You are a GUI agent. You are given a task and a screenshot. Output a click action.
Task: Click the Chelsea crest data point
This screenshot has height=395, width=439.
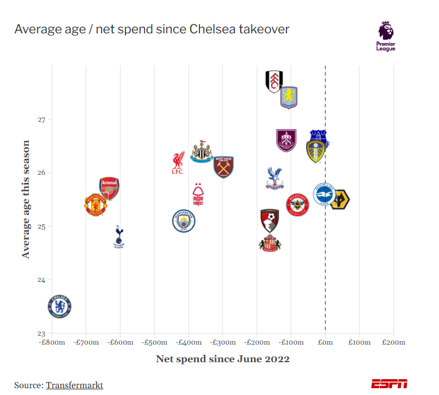(60, 306)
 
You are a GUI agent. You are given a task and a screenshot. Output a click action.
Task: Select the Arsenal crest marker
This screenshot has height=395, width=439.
(109, 189)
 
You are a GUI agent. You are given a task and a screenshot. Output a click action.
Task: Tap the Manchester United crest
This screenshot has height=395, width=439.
(95, 205)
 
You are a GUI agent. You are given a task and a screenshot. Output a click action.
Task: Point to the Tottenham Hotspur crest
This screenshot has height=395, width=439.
(119, 237)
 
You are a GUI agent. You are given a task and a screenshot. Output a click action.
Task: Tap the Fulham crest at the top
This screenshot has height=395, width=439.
(274, 81)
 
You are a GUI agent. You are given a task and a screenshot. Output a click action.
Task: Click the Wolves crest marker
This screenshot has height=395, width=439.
(340, 200)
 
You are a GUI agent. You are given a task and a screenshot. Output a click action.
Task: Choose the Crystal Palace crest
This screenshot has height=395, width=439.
(275, 178)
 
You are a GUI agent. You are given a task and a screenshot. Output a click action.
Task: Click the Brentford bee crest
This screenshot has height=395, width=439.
(297, 204)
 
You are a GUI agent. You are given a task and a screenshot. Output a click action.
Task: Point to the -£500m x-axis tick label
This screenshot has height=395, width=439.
(155, 342)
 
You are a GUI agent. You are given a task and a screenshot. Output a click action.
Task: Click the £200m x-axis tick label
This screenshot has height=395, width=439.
(393, 342)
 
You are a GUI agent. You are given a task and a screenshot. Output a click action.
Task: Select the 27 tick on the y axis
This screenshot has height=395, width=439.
(41, 119)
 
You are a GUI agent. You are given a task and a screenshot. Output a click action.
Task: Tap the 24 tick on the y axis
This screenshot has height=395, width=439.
(41, 280)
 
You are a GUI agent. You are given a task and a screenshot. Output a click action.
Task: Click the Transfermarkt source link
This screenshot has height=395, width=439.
(74, 385)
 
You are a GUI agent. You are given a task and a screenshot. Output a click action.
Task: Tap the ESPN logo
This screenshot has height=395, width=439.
(389, 383)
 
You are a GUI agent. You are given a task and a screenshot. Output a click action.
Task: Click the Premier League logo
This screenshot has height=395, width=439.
(386, 36)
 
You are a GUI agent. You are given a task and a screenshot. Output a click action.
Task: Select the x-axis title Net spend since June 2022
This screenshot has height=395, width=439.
(223, 359)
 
